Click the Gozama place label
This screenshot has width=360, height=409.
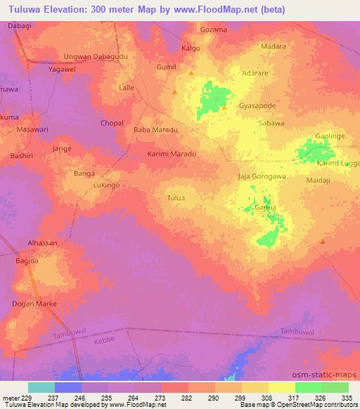click(214, 30)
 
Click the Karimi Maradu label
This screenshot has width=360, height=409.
click(171, 153)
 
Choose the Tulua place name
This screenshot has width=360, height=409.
click(176, 198)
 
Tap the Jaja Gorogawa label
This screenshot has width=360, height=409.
click(262, 176)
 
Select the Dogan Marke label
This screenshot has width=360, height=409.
click(33, 304)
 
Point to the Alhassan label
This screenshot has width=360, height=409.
click(42, 242)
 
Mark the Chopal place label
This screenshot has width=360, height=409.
click(112, 123)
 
